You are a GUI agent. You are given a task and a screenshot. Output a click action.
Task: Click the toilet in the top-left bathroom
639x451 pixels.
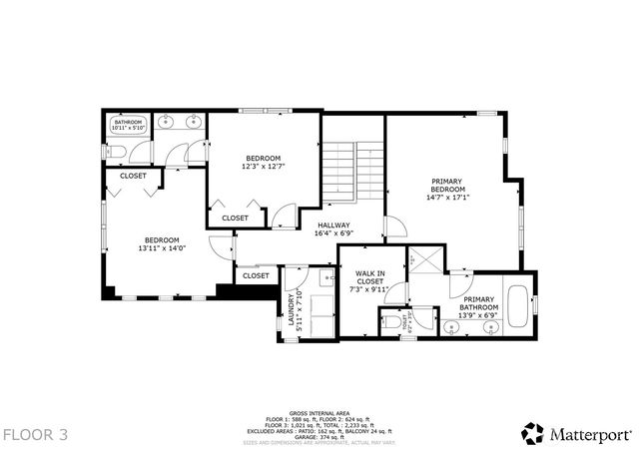click(116, 152)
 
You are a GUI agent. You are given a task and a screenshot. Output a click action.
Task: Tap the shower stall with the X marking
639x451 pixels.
click(426, 258)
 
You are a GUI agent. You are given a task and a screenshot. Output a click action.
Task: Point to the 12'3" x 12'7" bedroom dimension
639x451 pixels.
click(264, 167)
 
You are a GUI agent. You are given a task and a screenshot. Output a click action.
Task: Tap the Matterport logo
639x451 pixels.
click(577, 432)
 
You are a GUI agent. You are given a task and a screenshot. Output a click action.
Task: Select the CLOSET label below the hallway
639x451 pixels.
click(256, 275)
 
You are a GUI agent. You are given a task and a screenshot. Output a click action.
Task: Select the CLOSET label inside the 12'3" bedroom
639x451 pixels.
click(236, 218)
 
